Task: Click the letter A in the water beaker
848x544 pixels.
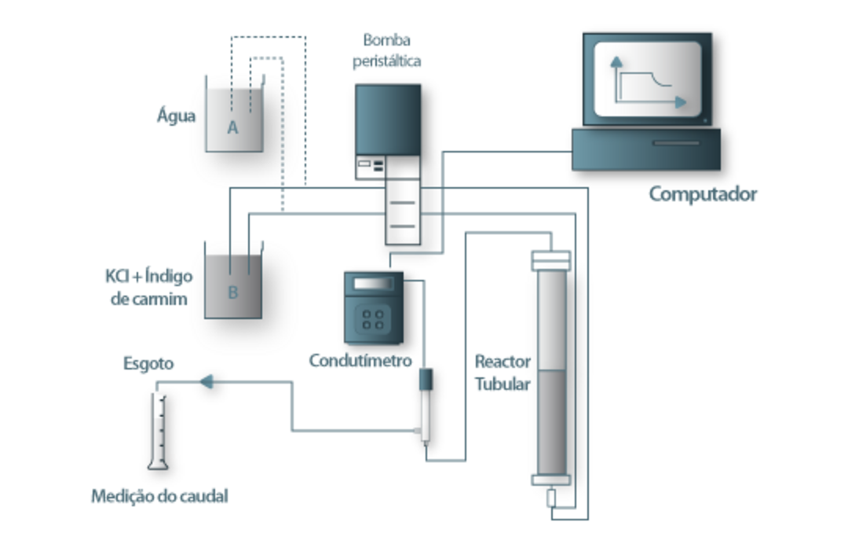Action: [232, 128]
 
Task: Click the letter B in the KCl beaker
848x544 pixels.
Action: [232, 292]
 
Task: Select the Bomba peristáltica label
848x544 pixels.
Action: [386, 49]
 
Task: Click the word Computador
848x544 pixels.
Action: [702, 193]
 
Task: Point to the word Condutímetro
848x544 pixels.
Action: [360, 361]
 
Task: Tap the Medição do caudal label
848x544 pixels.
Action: [159, 496]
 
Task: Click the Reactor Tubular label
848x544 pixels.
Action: [503, 373]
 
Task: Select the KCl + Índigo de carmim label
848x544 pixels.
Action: [148, 287]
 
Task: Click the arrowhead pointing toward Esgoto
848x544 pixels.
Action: [206, 382]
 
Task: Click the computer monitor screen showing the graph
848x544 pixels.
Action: [647, 79]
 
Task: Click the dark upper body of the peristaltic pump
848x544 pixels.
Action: [387, 118]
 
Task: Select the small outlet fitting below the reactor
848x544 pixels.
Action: [551, 498]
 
